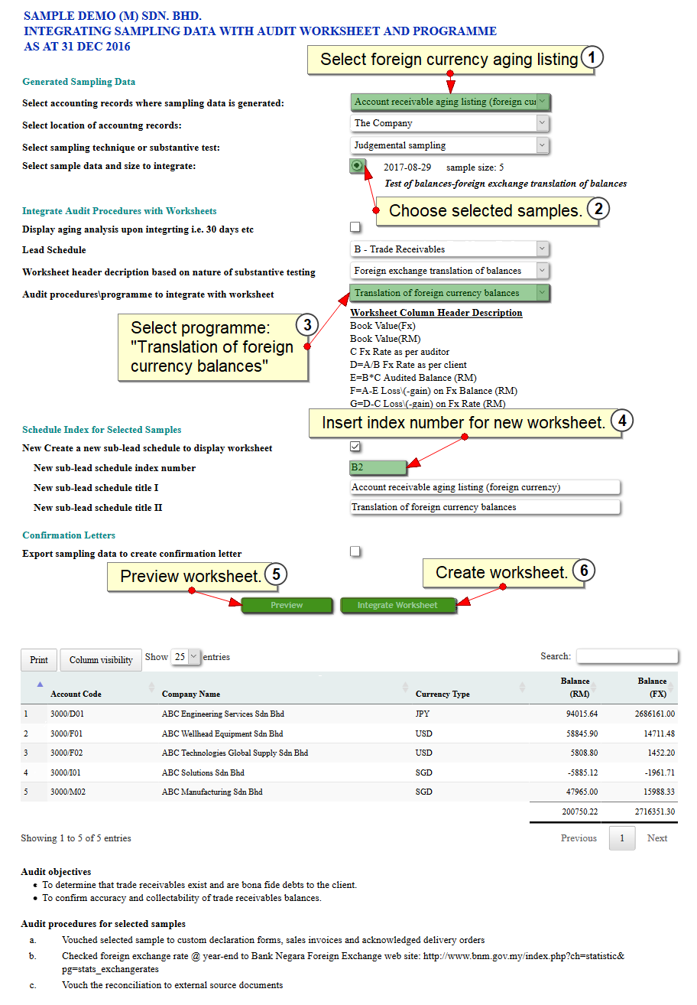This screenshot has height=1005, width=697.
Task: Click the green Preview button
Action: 287,605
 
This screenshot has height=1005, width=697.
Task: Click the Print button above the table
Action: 39,660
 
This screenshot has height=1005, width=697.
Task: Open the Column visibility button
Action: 101,660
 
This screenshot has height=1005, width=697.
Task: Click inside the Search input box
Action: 627,656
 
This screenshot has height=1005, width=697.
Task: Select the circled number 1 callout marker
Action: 592,58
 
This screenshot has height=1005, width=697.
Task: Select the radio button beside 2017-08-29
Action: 357,166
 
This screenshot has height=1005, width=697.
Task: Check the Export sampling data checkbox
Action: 355,551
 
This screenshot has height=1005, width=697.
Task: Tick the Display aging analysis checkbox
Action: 355,227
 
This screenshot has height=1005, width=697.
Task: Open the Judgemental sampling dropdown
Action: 450,145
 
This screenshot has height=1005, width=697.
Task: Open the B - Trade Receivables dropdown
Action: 450,249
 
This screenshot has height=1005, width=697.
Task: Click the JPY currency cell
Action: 423,714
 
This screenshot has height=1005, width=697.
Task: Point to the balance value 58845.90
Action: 581,733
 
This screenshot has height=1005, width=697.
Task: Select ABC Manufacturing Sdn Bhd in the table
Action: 212,792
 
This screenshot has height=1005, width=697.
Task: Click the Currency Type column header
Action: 443,694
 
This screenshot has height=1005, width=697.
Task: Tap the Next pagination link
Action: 657,838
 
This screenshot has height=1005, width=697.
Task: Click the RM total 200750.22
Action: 579,812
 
